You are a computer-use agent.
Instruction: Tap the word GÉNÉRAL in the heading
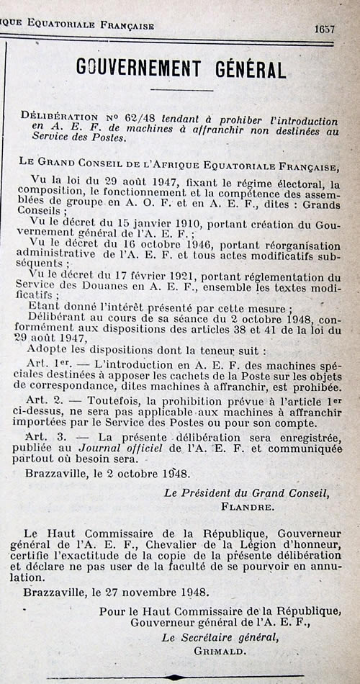250,68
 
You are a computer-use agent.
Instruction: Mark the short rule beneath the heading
182,90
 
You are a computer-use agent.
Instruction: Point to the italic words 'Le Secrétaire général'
220,637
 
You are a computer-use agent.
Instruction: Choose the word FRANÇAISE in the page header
124,25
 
